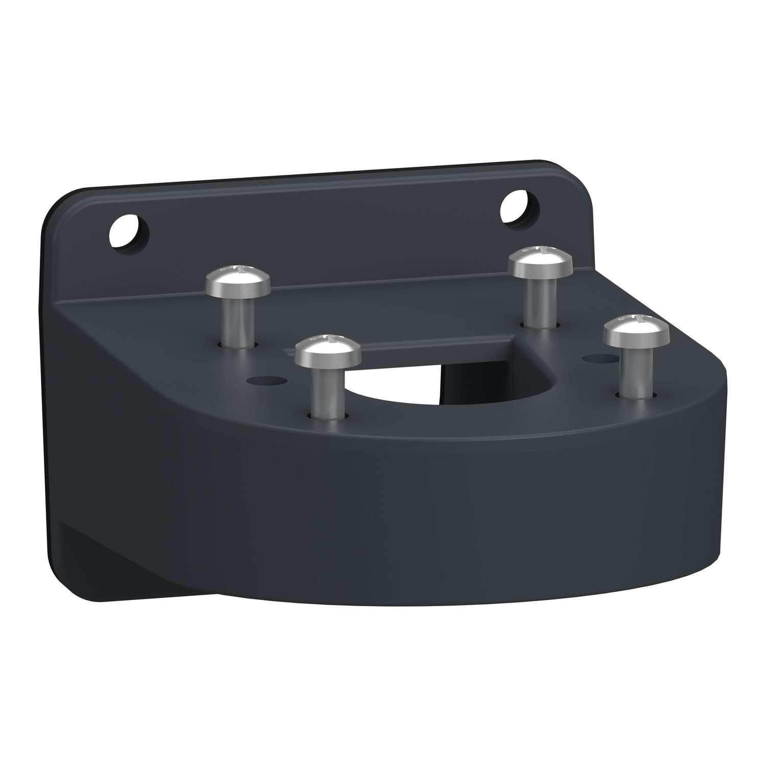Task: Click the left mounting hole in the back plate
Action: pos(130,234)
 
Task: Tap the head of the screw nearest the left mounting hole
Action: pos(237,281)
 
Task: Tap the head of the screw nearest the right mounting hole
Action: pos(540,262)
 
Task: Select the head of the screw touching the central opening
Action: pos(328,350)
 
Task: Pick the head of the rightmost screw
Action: pos(635,332)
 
